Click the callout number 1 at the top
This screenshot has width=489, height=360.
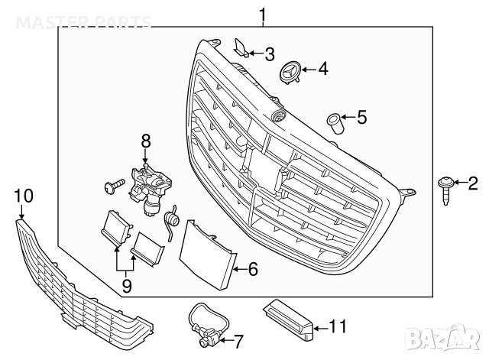[263, 13]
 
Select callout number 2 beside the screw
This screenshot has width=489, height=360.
[472, 183]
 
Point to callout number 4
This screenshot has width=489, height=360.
[322, 70]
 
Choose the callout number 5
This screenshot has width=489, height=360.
[361, 118]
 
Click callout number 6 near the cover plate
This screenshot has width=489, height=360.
[254, 269]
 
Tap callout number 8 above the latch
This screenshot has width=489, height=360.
[146, 141]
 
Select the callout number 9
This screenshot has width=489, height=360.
[126, 287]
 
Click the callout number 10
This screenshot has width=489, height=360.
[24, 196]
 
